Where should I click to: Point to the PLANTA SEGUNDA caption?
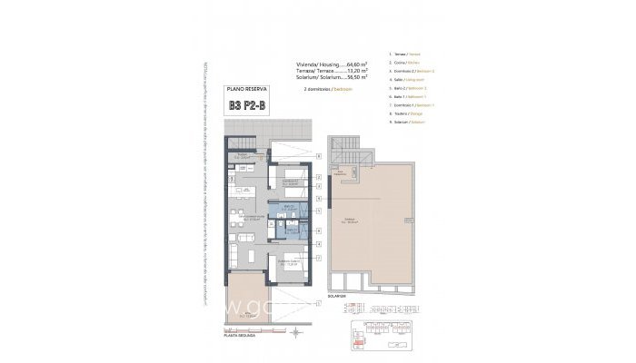point(238,335)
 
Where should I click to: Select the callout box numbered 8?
point(319,158)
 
